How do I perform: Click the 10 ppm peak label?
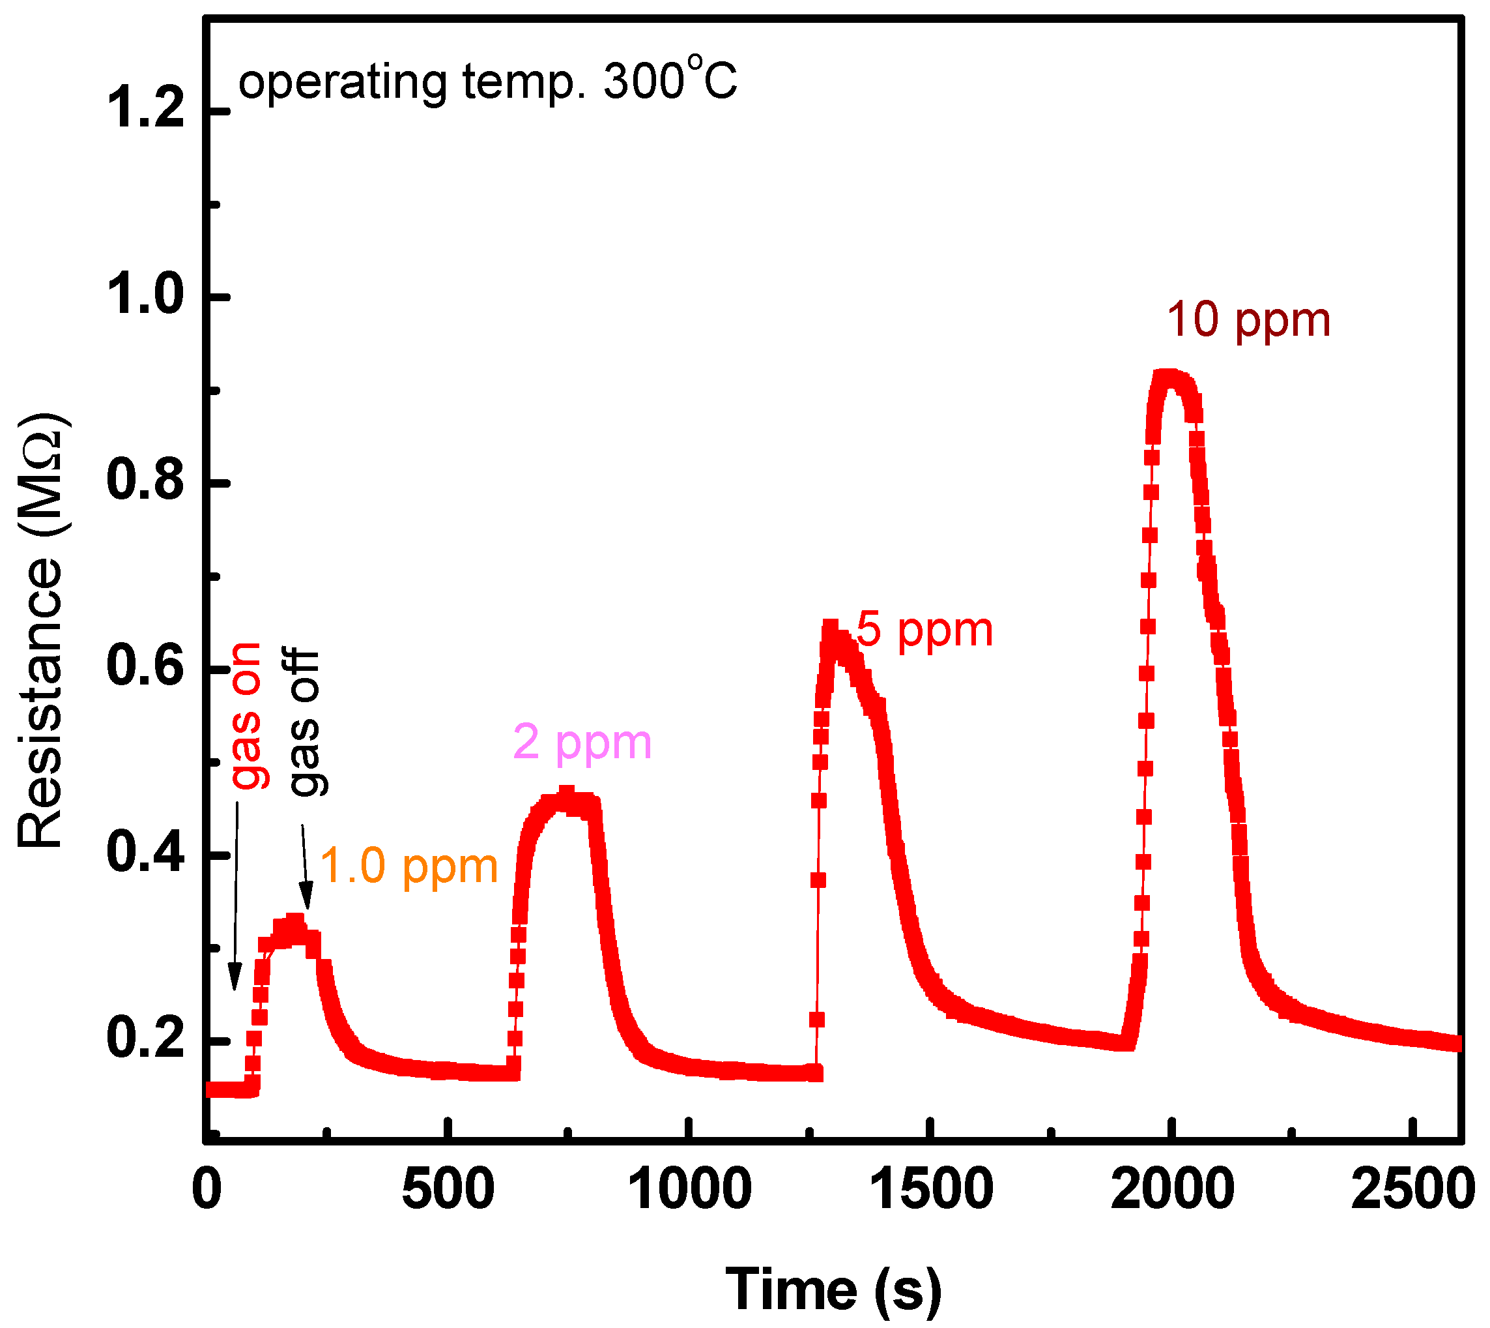click(x=1248, y=321)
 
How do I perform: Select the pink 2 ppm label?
click(x=581, y=743)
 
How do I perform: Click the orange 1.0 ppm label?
click(x=408, y=867)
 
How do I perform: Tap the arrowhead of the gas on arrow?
click(x=234, y=978)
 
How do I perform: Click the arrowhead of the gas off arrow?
click(x=306, y=896)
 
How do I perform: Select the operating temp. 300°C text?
click(x=487, y=81)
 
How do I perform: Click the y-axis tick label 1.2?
click(x=145, y=111)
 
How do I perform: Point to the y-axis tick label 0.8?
click(x=145, y=482)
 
